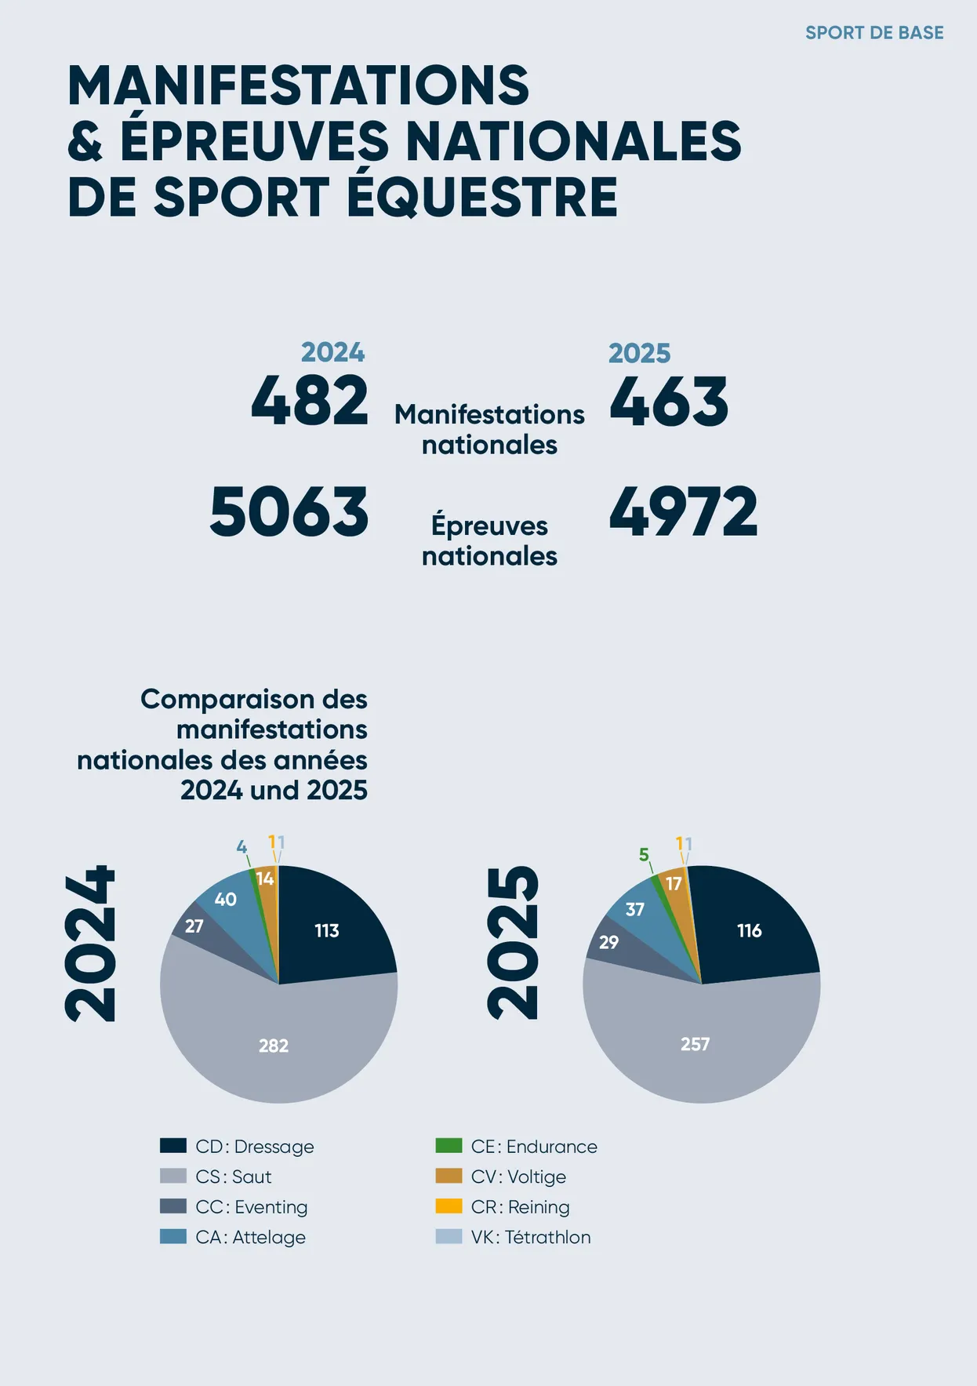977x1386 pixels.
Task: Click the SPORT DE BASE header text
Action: point(874,33)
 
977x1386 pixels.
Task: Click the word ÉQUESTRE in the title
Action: point(482,197)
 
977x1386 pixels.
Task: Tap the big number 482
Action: point(310,401)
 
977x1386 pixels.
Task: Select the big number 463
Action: point(669,402)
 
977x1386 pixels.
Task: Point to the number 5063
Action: point(289,512)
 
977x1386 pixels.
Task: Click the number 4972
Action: point(683,512)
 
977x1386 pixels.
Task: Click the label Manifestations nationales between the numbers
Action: point(489,429)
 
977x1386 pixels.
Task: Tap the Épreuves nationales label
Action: point(489,540)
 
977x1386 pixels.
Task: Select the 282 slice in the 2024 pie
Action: point(274,1046)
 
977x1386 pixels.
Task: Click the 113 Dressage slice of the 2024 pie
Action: point(327,931)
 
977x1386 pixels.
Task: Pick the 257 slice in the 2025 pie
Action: point(695,1044)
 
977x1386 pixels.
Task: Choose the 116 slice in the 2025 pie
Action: point(750,931)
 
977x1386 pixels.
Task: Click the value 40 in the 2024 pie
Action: point(226,900)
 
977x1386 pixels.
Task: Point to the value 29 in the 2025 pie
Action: point(608,942)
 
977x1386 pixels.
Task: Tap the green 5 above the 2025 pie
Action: point(644,854)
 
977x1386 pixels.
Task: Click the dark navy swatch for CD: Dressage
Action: point(173,1146)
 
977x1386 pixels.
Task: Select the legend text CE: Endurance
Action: point(534,1147)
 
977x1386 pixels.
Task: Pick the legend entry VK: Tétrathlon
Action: point(531,1237)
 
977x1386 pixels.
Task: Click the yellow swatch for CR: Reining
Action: point(449,1206)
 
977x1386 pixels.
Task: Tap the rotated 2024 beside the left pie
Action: point(91,944)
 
